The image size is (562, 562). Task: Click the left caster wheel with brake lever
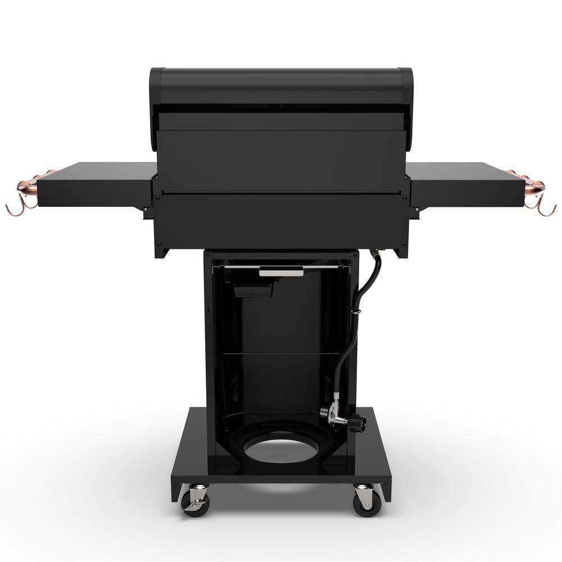[197, 502]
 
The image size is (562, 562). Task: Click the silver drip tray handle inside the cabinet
[280, 272]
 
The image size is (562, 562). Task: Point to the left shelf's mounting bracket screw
[144, 211]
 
